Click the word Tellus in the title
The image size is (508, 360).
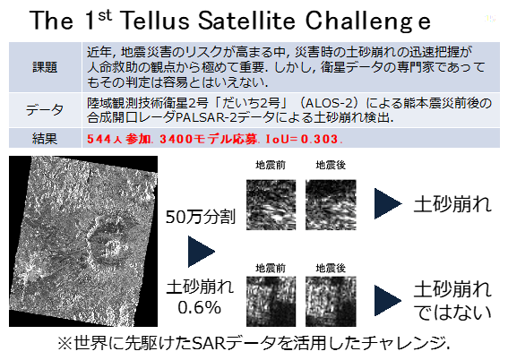click(156, 21)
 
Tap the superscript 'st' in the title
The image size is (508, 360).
click(105, 15)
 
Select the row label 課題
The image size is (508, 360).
click(45, 67)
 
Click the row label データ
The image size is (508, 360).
click(45, 110)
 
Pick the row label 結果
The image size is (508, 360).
click(45, 139)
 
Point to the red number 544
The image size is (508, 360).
click(99, 139)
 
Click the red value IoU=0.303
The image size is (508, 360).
click(302, 139)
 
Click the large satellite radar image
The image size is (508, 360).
click(83, 241)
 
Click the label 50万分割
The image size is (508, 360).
click(200, 217)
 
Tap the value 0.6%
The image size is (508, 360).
click(199, 307)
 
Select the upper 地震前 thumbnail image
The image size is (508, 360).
click(271, 205)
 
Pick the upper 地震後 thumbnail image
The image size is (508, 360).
click(331, 205)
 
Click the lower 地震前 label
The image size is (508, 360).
click(271, 268)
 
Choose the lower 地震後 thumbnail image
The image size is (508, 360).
click(331, 302)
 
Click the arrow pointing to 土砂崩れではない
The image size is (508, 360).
click(388, 300)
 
